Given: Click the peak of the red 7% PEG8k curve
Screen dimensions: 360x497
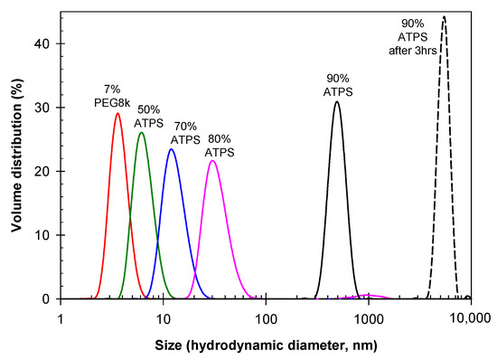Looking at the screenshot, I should click(x=117, y=113).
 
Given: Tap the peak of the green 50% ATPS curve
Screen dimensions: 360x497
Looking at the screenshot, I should click(x=141, y=133).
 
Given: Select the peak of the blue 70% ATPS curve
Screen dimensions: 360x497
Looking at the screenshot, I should click(x=171, y=149).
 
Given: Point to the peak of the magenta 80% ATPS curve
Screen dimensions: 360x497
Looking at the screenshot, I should click(x=212, y=160).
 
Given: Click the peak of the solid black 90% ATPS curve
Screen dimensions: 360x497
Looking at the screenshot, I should click(x=337, y=101).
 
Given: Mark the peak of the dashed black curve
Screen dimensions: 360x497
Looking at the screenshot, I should click(x=444, y=16).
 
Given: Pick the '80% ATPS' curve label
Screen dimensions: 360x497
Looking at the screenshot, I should click(x=218, y=146).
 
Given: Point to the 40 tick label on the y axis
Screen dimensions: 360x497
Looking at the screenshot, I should click(x=42, y=43).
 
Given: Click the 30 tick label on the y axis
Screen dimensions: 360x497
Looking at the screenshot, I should click(x=42, y=108).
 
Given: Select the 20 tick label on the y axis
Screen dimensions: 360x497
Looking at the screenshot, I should click(x=42, y=171).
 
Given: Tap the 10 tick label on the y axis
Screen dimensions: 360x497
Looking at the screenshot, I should click(x=42, y=235).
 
